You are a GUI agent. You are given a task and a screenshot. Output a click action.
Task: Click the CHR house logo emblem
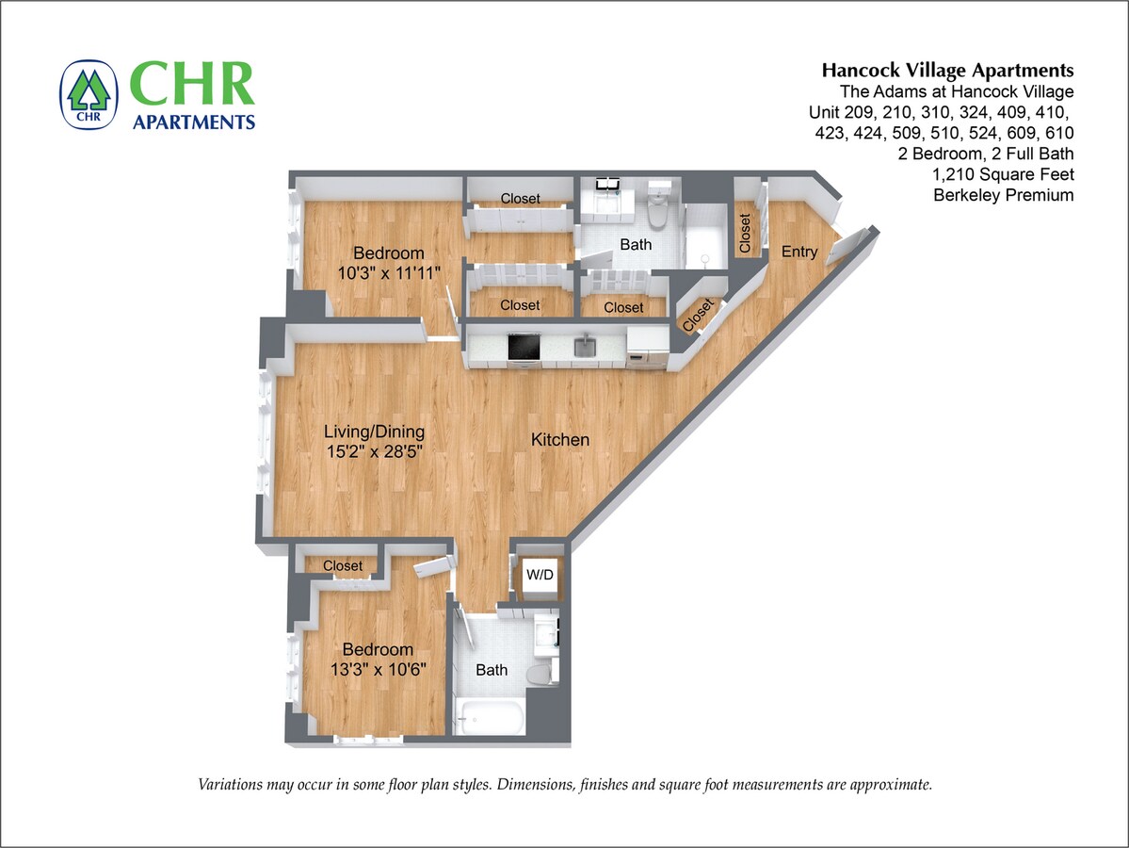coord(89,94)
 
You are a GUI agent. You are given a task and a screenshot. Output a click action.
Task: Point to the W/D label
coord(539,573)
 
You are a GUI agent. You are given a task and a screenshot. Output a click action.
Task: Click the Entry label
coord(799,252)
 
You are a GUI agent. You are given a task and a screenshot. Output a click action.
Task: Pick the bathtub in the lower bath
coord(489,719)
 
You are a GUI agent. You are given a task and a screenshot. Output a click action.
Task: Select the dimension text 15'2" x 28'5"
coord(374,451)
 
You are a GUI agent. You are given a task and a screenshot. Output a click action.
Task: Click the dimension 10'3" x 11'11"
coord(388,272)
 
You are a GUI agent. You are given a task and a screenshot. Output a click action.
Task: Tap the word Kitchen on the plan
coord(560,440)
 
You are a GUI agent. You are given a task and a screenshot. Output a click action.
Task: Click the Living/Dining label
coord(374,432)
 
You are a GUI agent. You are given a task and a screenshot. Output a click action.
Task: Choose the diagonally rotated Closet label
coord(698,315)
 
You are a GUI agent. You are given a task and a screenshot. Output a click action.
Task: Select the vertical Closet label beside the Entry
coord(745,233)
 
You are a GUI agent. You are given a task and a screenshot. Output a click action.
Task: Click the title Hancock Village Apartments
coord(947,71)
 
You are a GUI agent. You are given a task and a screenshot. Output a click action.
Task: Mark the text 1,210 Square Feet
coord(1004,174)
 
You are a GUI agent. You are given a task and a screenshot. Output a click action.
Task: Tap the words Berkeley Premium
coord(1004,195)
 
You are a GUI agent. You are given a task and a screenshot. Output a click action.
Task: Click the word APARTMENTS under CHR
coord(194,122)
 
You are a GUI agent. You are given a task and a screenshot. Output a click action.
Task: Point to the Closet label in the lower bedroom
coord(342,566)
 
